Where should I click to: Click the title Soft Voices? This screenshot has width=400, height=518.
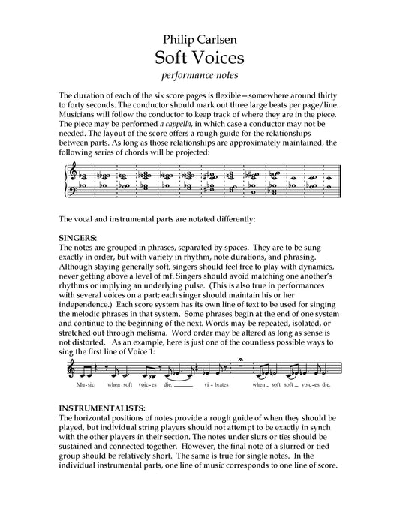click(200, 57)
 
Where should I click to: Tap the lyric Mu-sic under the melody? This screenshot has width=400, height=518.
click(88, 384)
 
